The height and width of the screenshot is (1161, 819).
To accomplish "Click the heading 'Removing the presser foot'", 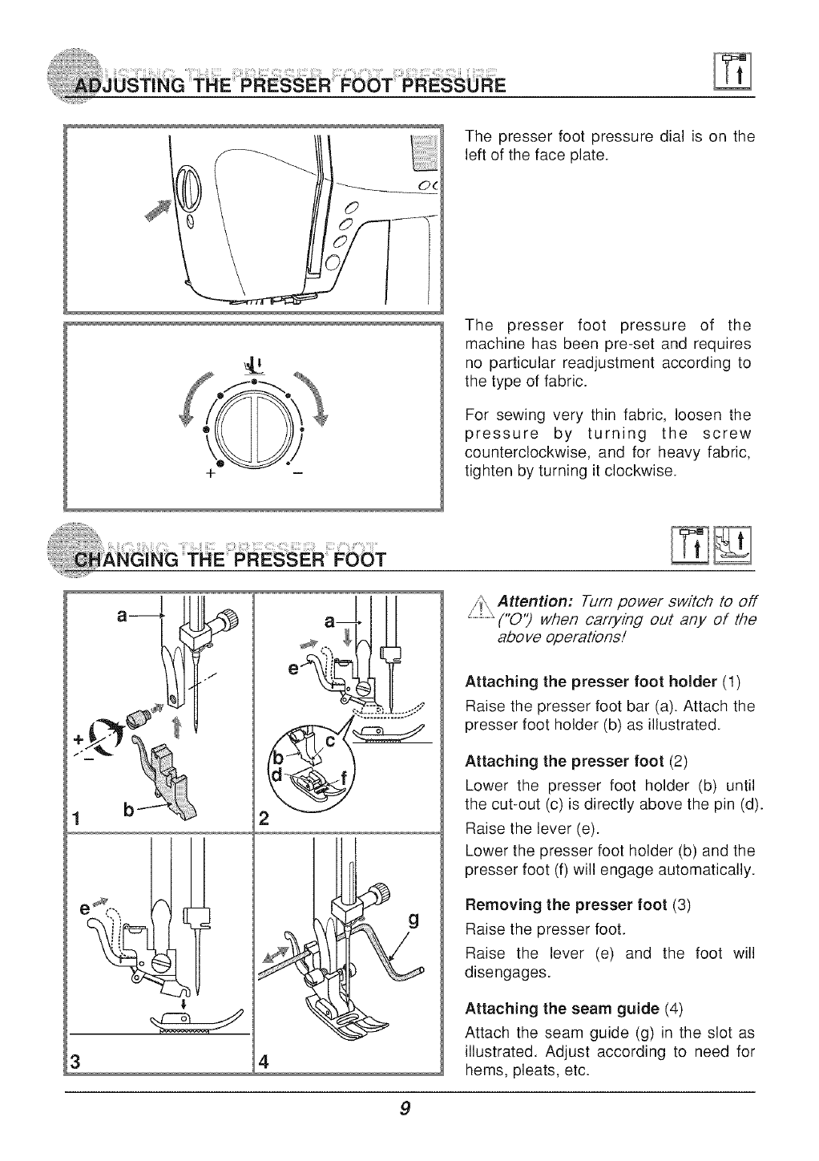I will coord(566,906).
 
